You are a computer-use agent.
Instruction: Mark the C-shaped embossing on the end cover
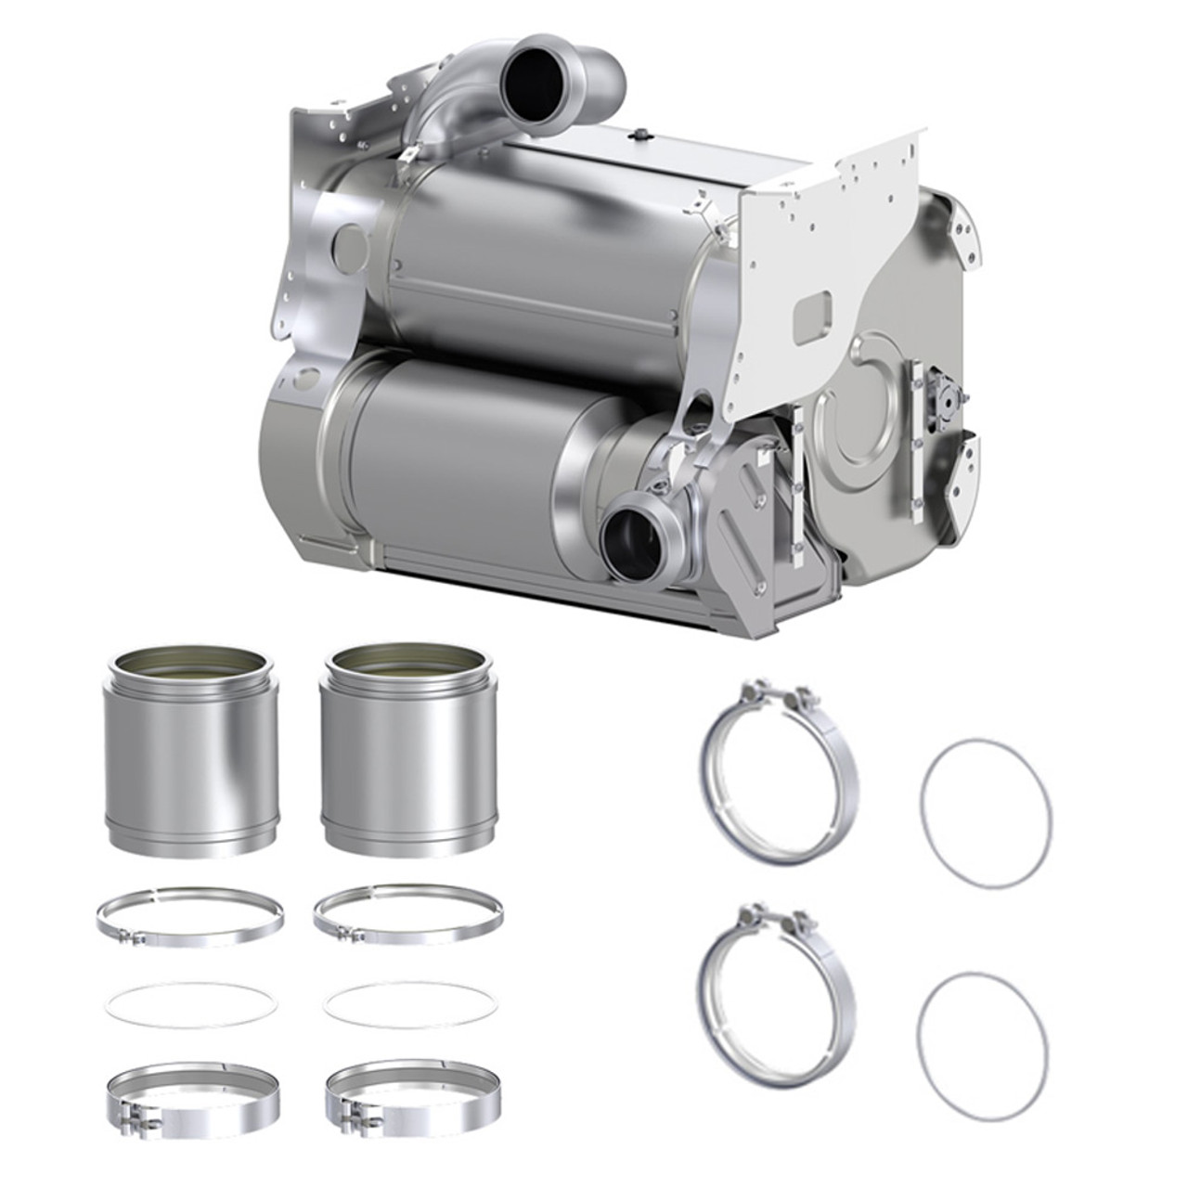coord(849,422)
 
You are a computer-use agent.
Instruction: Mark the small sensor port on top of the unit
coord(638,136)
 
